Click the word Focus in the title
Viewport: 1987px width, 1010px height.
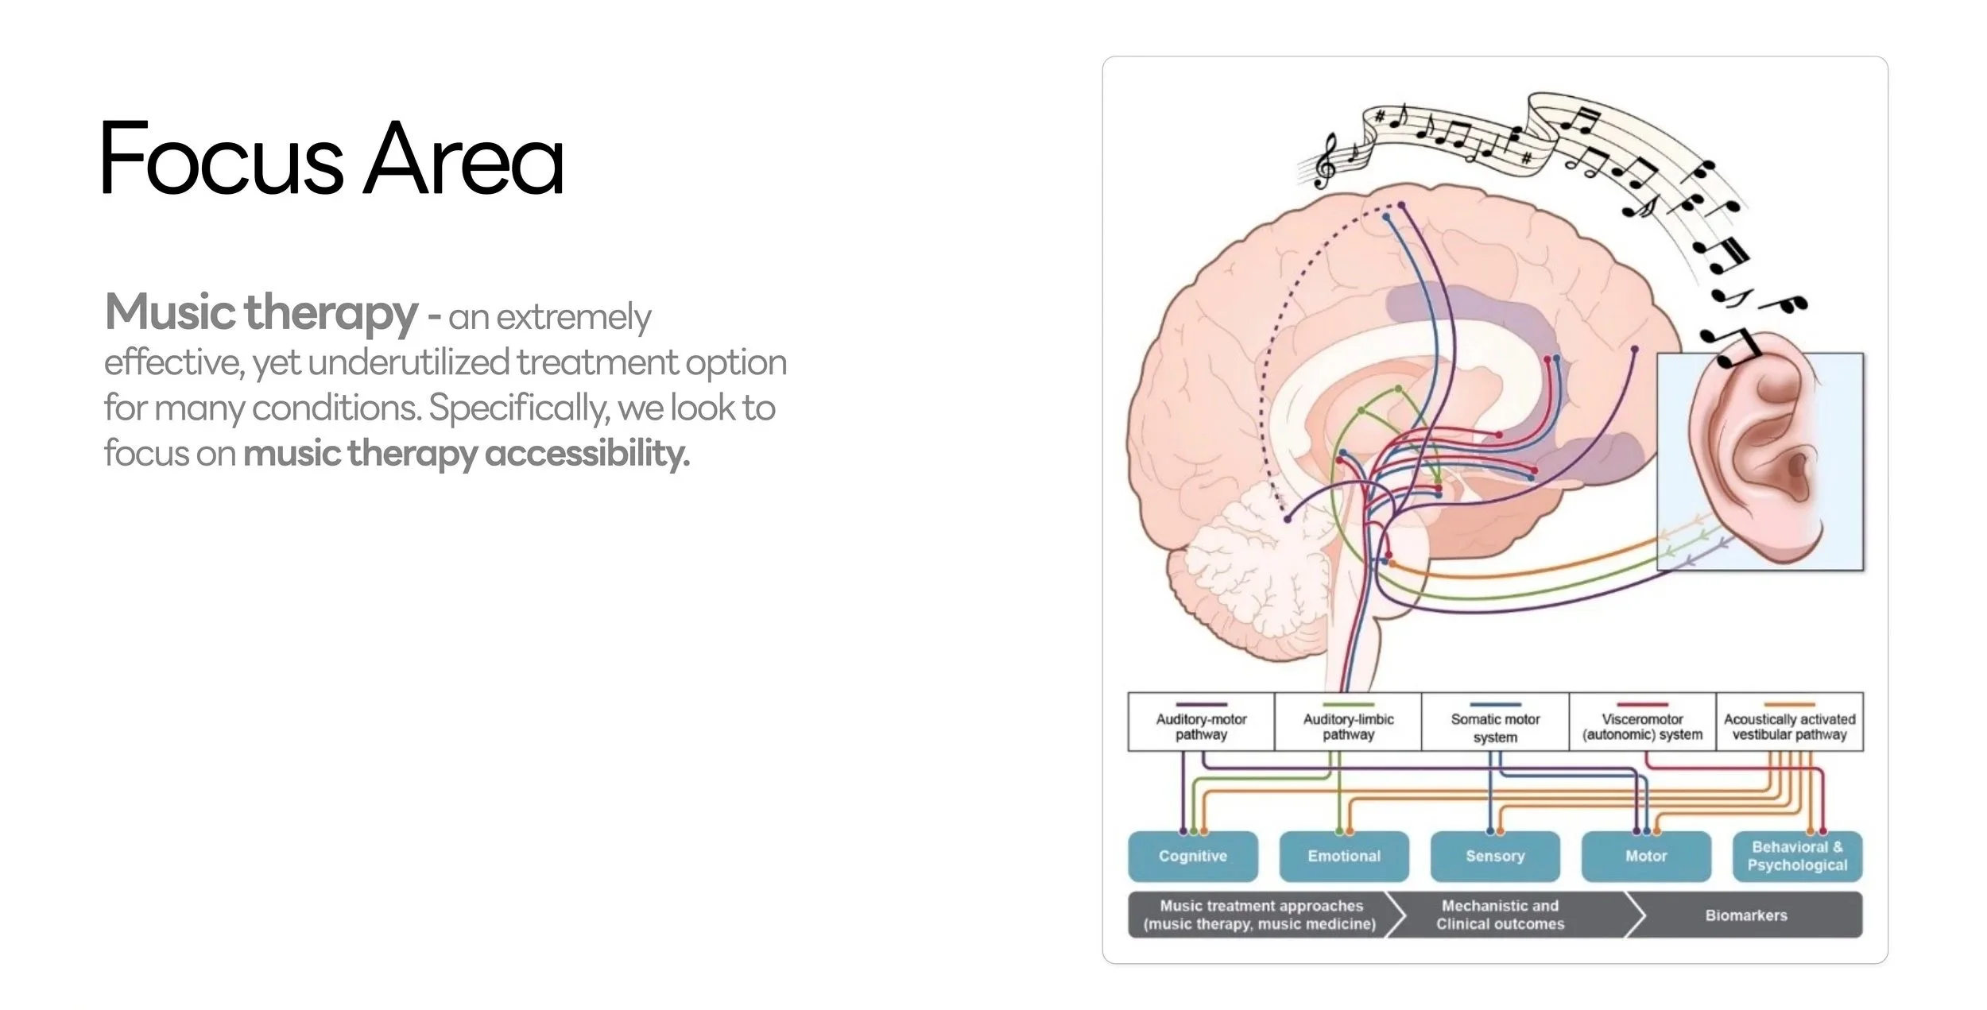click(x=222, y=158)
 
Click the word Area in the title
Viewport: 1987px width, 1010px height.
click(x=463, y=158)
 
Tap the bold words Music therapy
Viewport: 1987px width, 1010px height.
click(x=261, y=312)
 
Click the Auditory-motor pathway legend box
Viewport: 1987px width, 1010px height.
click(x=1201, y=722)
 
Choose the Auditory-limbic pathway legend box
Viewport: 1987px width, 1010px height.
click(x=1348, y=722)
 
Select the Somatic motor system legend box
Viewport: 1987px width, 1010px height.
click(x=1495, y=722)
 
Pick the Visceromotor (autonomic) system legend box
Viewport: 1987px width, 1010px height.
click(x=1642, y=722)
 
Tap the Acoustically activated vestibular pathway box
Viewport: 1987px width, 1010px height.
click(x=1789, y=722)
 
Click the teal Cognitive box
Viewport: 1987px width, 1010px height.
click(x=1193, y=856)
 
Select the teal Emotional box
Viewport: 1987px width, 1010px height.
click(x=1344, y=856)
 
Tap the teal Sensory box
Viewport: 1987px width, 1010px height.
click(x=1495, y=856)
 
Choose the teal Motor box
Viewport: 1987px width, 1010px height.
click(x=1646, y=856)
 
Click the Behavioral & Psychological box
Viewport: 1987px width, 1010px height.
click(x=1797, y=856)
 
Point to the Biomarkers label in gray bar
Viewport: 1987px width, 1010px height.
click(x=1746, y=915)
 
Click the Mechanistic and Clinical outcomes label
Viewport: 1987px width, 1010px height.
click(x=1500, y=915)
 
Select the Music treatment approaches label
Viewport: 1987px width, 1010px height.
click(x=1261, y=915)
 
